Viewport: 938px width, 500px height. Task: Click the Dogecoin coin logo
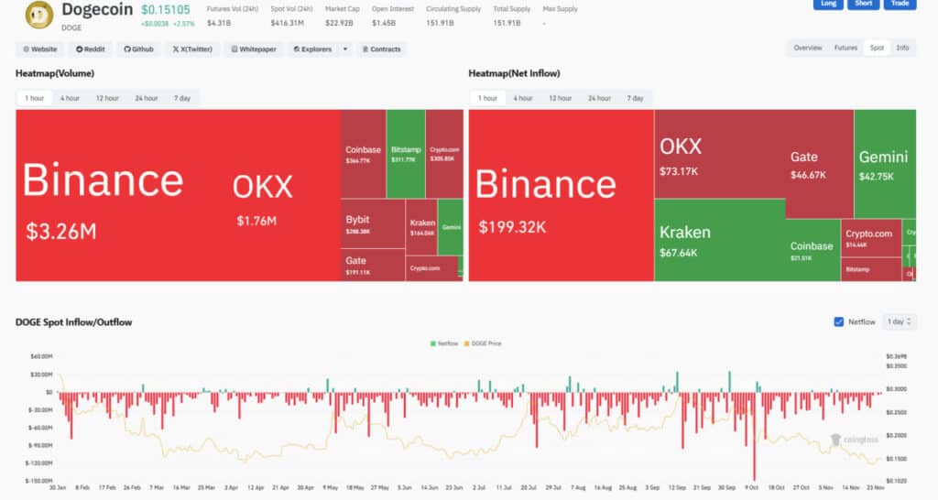click(38, 15)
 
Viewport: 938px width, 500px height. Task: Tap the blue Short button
click(863, 4)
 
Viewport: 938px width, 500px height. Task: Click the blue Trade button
click(900, 4)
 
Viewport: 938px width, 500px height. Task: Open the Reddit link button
click(91, 49)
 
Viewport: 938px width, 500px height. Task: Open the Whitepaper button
click(254, 49)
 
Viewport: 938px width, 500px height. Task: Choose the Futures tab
click(845, 48)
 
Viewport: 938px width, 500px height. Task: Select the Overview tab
click(808, 48)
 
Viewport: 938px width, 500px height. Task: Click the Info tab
click(902, 48)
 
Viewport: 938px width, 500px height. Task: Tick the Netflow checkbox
click(839, 322)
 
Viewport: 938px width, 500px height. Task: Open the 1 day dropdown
click(898, 322)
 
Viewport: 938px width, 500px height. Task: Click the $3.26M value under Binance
click(60, 232)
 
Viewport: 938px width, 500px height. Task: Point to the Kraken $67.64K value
click(679, 254)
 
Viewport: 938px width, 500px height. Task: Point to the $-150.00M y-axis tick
click(39, 481)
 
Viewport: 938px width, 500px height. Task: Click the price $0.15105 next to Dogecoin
click(166, 10)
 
